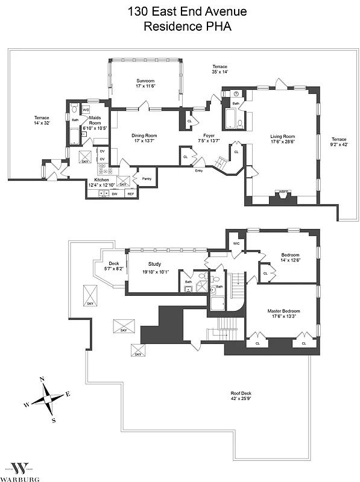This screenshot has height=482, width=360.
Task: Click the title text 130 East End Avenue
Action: (x=180, y=11)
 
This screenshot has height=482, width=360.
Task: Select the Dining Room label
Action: (x=144, y=136)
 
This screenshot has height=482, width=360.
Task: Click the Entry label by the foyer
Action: (x=198, y=171)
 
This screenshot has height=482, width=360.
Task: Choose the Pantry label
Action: (x=147, y=178)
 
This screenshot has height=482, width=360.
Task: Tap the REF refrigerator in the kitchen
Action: (x=130, y=194)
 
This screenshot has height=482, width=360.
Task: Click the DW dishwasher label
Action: (x=114, y=194)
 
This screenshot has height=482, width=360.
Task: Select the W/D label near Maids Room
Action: (x=86, y=110)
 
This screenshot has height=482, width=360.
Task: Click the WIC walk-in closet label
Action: (x=236, y=243)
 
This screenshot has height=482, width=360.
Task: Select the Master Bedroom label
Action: (x=283, y=311)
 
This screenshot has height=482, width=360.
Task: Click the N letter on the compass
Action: (x=42, y=379)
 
